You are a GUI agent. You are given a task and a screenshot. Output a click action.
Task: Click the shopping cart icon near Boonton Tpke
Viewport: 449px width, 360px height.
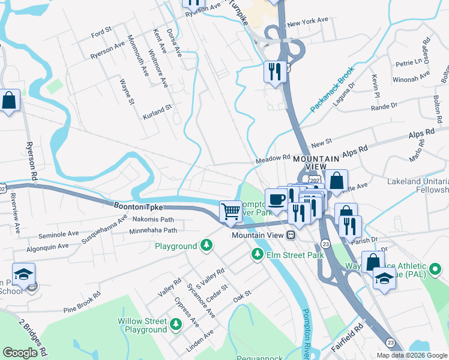[x=231, y=211]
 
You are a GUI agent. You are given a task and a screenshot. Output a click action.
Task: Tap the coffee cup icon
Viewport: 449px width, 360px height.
[x=276, y=199]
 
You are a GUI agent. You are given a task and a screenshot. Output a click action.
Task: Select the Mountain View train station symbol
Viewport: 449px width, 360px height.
[x=291, y=235]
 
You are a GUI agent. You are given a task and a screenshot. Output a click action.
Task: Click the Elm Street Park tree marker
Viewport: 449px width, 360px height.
[x=258, y=255]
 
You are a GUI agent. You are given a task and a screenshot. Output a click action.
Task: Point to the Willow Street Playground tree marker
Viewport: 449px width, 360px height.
[x=176, y=325]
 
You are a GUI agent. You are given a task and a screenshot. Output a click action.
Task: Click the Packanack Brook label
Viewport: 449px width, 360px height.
[x=333, y=89]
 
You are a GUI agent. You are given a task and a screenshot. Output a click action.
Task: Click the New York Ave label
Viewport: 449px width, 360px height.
[x=307, y=22]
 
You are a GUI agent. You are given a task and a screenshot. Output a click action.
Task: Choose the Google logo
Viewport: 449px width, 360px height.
[x=20, y=353]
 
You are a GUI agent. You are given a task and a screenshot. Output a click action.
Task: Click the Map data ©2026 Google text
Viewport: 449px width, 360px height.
[x=412, y=355]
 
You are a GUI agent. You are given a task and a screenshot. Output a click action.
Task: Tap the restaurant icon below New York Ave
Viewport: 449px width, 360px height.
[x=274, y=71]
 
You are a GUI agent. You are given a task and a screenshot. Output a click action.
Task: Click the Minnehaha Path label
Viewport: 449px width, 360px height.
[x=154, y=230]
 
